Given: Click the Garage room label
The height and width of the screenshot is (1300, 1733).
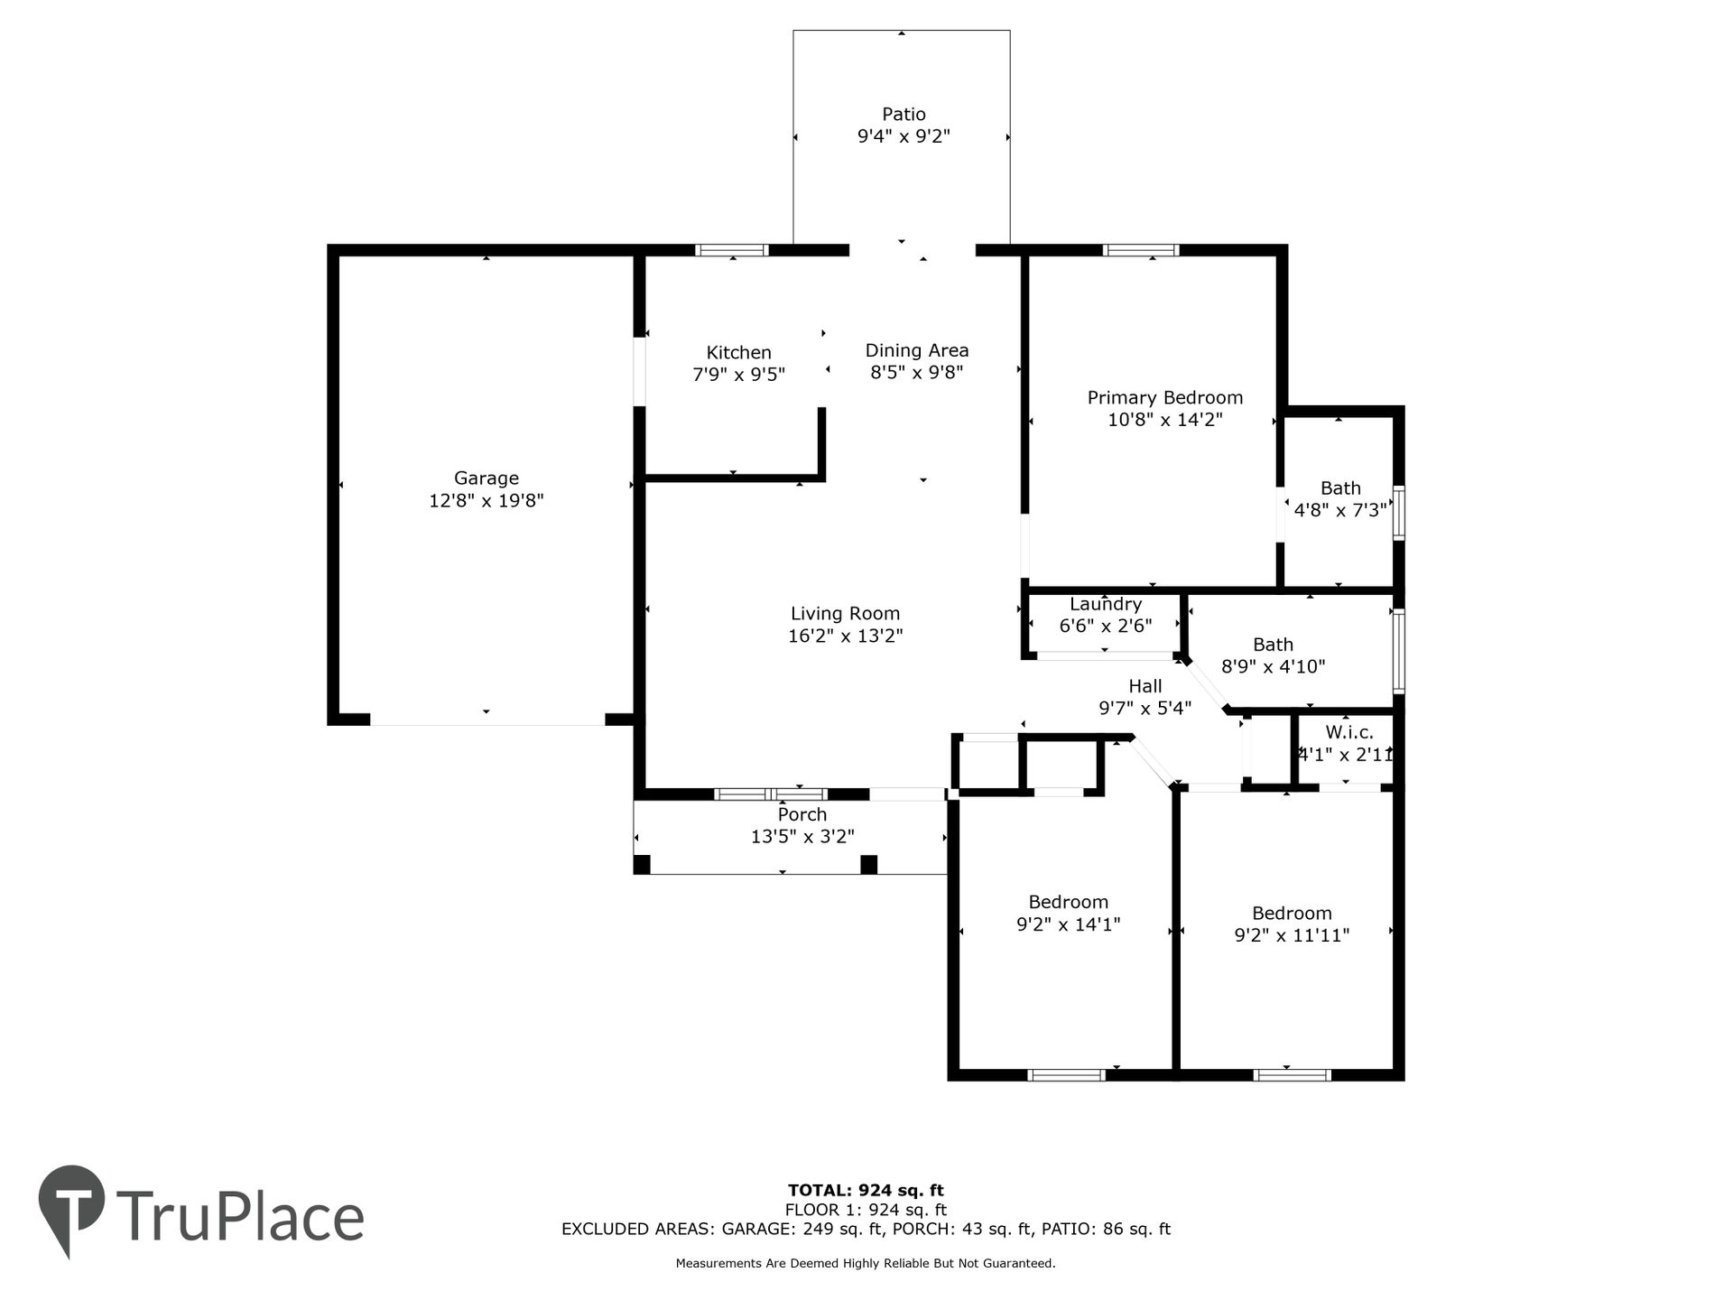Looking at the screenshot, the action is coord(486,478).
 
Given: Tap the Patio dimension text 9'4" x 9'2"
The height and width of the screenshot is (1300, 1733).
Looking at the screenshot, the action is coord(904,136).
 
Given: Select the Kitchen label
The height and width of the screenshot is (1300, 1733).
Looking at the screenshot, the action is coord(738,352).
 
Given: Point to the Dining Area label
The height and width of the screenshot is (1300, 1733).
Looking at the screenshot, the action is coord(917,350).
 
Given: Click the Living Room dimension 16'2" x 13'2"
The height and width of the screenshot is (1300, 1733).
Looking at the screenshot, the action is coord(846,636).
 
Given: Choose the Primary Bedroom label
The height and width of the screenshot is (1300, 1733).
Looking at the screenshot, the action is coord(1165,397).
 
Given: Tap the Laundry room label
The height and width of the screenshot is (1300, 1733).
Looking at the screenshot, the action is coord(1106,604).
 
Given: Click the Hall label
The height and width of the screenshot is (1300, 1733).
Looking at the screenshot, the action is coord(1145,686).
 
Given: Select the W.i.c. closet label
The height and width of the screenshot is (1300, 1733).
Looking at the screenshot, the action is coord(1349,732).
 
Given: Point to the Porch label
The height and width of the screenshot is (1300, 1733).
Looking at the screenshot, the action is coord(802,814).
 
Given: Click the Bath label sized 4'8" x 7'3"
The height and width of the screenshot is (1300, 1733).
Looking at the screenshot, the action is coord(1340,488).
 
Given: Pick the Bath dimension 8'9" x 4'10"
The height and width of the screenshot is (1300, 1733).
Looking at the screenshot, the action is coord(1273,666).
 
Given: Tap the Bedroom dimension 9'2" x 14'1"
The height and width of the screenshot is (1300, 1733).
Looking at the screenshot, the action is coord(1068,924).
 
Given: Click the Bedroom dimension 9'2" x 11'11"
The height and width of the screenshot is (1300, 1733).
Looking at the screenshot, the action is coord(1292,935).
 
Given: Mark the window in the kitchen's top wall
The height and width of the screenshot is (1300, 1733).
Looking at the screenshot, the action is coord(732,250).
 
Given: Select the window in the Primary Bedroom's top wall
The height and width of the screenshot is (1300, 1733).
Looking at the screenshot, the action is coord(1142,250).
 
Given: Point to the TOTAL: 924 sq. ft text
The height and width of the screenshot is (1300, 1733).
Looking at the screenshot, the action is coord(866,1190).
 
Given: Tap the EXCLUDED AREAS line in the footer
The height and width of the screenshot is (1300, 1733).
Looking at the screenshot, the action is coord(866,1229).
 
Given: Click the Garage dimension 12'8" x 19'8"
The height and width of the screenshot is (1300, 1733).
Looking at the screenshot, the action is coord(486,500).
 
